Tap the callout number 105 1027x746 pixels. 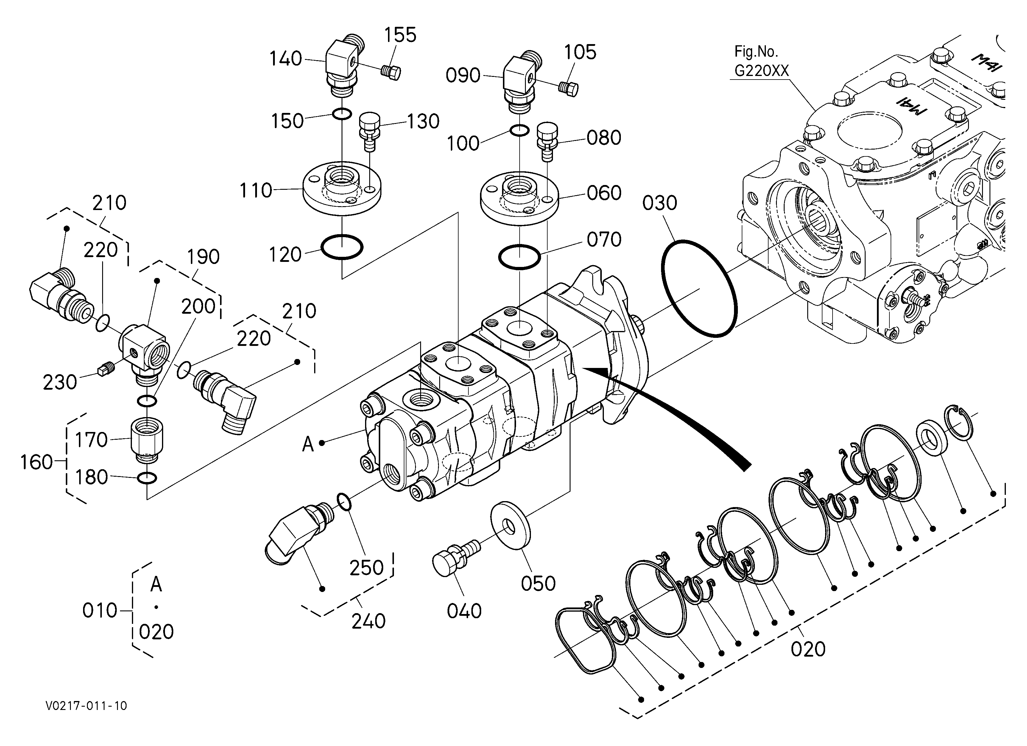click(x=580, y=52)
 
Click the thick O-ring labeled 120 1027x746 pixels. click(x=342, y=247)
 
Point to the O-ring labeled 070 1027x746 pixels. click(x=519, y=257)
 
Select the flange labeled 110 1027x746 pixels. click(x=342, y=188)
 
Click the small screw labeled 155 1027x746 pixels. click(x=391, y=72)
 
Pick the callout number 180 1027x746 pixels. click(x=91, y=477)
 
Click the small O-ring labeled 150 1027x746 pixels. click(x=342, y=114)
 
